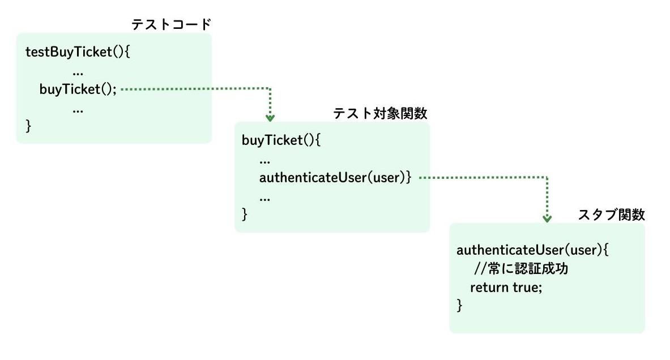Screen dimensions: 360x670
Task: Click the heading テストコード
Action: tap(171, 24)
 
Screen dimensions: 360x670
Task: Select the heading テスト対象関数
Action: tap(379, 113)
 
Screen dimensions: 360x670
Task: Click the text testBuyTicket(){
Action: tap(78, 52)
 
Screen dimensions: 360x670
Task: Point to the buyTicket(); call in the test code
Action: tap(78, 89)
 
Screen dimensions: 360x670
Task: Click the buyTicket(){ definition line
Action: tap(281, 140)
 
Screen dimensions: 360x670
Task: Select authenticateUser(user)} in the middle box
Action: tap(335, 178)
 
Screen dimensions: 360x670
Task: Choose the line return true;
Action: tap(506, 287)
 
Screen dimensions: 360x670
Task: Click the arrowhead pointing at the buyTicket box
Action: tap(270, 118)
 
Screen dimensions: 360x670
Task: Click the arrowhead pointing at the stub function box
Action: tap(547, 218)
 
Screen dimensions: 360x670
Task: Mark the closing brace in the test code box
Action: tap(29, 126)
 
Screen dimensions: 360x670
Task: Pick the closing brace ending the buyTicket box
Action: tap(245, 215)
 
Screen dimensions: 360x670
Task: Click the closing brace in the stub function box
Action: tap(459, 306)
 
